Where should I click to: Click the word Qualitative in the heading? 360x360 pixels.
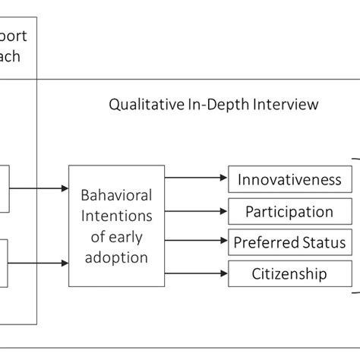click(x=144, y=104)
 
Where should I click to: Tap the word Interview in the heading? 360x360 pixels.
click(x=286, y=104)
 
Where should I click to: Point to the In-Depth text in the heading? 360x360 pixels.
click(x=216, y=104)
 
